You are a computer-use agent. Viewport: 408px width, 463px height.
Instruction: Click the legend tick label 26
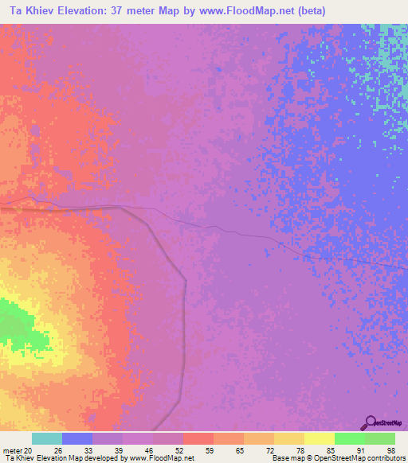tap(57, 449)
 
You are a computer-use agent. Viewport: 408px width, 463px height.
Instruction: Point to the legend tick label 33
tap(88, 449)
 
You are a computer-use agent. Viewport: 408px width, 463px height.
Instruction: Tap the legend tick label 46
tap(148, 449)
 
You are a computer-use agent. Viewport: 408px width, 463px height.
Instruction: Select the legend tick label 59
tap(209, 449)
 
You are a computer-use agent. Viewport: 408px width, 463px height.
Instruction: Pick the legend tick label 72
tap(269, 449)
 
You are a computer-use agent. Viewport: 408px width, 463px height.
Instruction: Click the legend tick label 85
tap(330, 449)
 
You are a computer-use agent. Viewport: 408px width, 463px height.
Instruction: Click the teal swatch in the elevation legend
tap(46, 438)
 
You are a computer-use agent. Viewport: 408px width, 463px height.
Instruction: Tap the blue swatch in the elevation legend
tap(76, 438)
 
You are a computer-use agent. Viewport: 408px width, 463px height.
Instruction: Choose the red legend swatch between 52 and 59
tap(198, 438)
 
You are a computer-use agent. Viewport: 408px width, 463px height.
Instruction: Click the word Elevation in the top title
tap(88, 10)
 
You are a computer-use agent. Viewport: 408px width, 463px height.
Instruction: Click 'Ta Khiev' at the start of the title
tap(29, 10)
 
